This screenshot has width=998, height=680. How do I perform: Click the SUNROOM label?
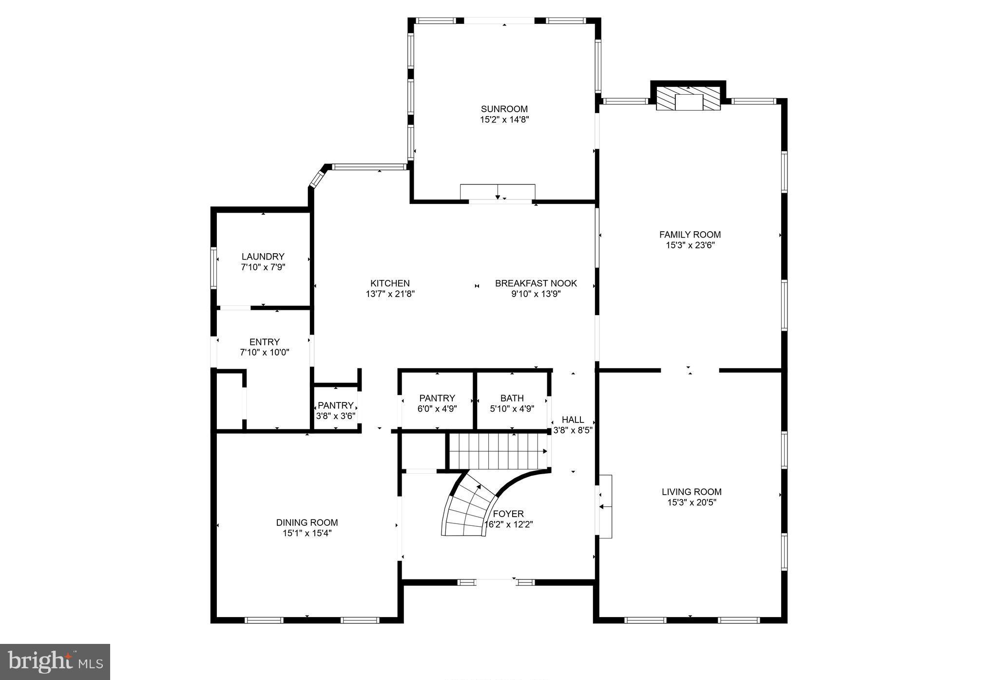[x=504, y=109]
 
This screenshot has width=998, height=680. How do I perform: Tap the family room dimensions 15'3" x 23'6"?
[x=690, y=245]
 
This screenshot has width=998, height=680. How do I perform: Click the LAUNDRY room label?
[x=263, y=257]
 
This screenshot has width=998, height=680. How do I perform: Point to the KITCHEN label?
[x=390, y=283]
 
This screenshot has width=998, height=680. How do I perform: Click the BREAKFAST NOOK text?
[x=536, y=283]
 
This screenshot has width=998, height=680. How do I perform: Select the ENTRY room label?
[x=264, y=342]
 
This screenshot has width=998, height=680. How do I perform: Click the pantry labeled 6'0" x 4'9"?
[x=437, y=403]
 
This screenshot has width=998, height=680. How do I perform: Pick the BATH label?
[x=512, y=398]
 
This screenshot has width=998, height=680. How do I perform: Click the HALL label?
[x=573, y=420]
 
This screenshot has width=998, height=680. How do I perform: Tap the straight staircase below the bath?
[x=497, y=452]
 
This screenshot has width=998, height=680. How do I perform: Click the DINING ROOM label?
[x=307, y=522]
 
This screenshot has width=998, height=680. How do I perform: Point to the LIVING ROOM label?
[x=691, y=492]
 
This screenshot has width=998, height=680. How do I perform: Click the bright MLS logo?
[x=55, y=662]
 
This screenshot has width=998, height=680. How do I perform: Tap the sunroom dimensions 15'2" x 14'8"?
[x=504, y=120]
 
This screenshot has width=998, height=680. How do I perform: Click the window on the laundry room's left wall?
[x=213, y=268]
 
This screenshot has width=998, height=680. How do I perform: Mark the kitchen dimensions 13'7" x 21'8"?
[x=390, y=294]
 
